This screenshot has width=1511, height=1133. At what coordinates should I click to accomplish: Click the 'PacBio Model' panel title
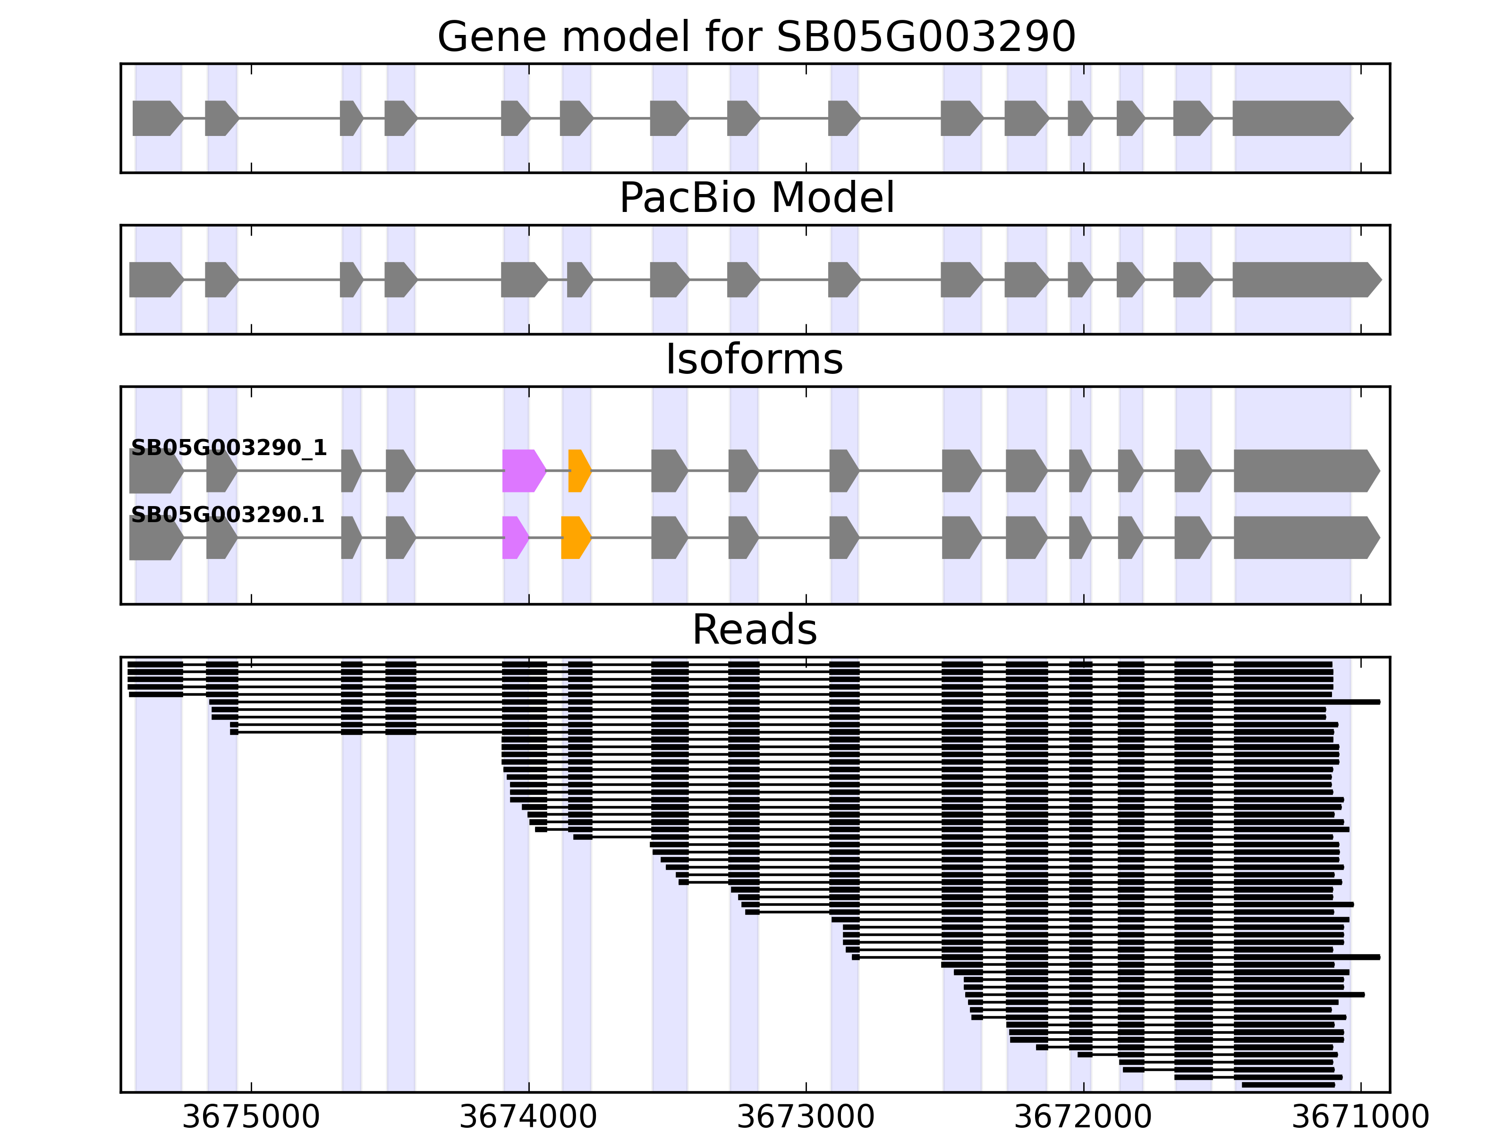pos(756,198)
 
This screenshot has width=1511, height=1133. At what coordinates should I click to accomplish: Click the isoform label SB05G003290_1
pos(229,448)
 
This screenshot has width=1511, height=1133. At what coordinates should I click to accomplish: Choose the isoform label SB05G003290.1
pos(228,515)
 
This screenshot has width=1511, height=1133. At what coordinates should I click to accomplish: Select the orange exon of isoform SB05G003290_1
pos(578,471)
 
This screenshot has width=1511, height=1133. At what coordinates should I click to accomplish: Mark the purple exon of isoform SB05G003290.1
pos(514,538)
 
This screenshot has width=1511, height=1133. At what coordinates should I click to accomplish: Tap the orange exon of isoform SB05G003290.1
pos(575,538)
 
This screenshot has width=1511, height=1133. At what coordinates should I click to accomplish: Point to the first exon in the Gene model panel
pos(156,118)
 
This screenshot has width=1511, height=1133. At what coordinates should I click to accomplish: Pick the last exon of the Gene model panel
pos(1290,118)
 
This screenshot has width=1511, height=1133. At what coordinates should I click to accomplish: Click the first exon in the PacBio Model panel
pos(155,279)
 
